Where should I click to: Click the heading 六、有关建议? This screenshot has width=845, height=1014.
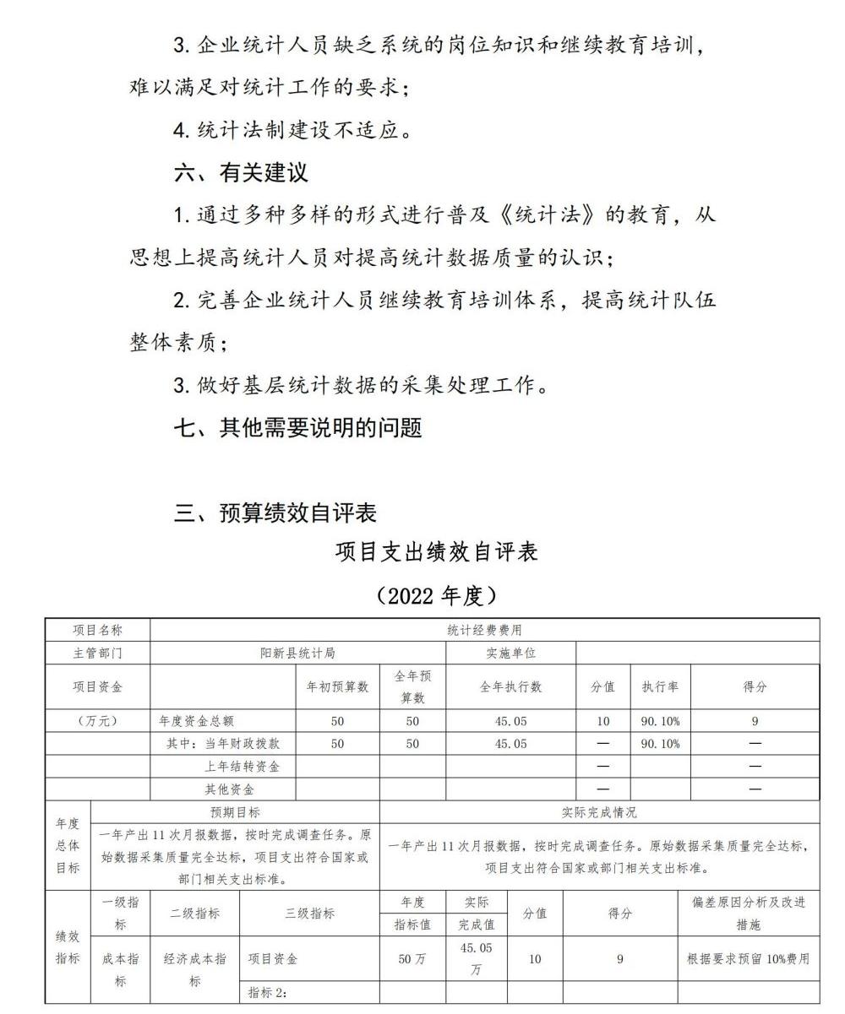click(x=241, y=172)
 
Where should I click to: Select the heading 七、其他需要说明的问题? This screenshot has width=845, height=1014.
click(x=297, y=428)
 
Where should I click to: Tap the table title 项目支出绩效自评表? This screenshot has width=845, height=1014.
click(x=437, y=552)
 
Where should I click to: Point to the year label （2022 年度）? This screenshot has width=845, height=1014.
click(x=437, y=595)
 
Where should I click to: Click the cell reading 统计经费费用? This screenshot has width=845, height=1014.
click(x=484, y=630)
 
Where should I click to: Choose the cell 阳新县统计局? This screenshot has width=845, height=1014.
click(x=297, y=653)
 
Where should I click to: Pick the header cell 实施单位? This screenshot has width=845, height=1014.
click(x=510, y=653)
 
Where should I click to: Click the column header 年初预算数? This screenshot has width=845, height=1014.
click(x=337, y=686)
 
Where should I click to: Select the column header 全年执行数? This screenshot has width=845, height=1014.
click(x=510, y=686)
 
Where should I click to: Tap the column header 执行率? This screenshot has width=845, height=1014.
click(x=660, y=686)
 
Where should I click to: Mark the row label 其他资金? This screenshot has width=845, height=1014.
click(x=229, y=789)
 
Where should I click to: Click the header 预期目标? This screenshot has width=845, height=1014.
click(x=235, y=812)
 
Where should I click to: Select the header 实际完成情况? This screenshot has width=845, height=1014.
click(x=599, y=812)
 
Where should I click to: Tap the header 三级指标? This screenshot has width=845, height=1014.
click(x=309, y=913)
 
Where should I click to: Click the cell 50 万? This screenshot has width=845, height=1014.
click(x=412, y=958)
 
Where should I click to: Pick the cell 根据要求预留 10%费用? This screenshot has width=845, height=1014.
click(x=748, y=958)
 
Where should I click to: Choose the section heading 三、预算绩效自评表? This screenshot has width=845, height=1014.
click(x=275, y=512)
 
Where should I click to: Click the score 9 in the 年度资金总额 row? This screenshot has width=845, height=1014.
click(x=755, y=721)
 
